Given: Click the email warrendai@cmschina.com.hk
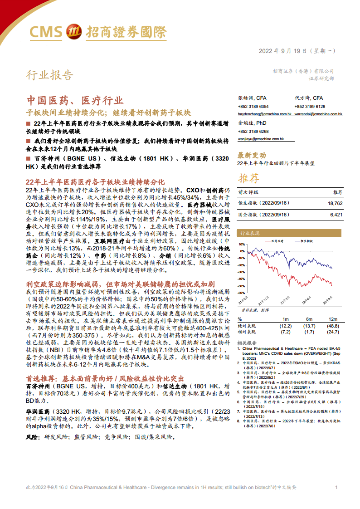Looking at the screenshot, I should [x=319, y=114].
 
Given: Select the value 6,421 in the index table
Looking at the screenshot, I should [x=336, y=214].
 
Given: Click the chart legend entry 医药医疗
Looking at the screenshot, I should [x=277, y=241].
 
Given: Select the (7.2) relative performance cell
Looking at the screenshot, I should [x=285, y=332].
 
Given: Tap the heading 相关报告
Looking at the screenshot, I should [x=247, y=343].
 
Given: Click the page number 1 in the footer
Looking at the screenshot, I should [x=336, y=487].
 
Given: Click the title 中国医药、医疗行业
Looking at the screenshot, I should [x=74, y=100].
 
